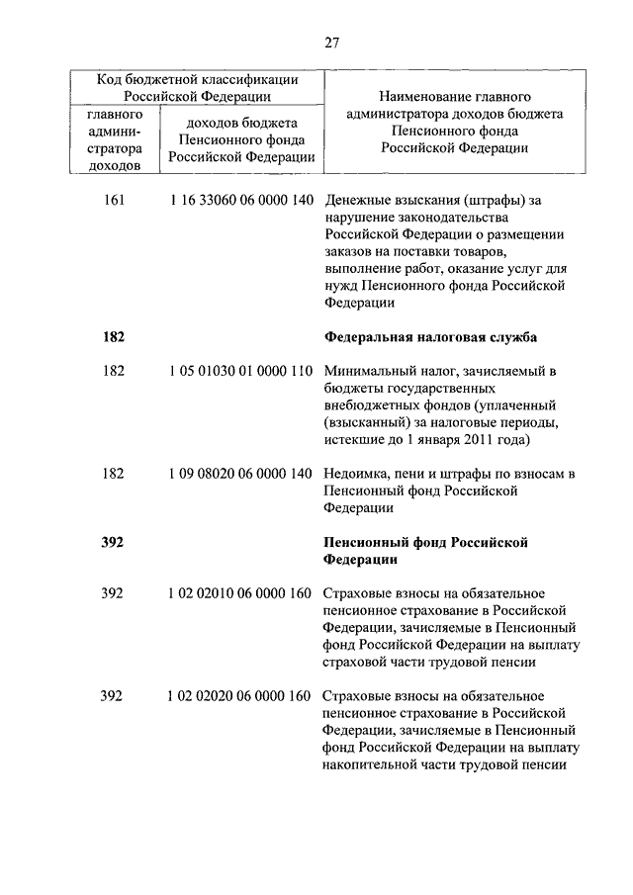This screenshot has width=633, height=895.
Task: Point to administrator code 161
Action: pos(114,201)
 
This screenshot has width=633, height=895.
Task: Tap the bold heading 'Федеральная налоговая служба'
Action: pos(430,337)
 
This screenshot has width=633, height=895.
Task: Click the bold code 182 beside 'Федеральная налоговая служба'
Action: pos(114,337)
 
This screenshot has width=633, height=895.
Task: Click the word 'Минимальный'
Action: pos(368,371)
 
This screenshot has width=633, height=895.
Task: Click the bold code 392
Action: pos(114,542)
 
